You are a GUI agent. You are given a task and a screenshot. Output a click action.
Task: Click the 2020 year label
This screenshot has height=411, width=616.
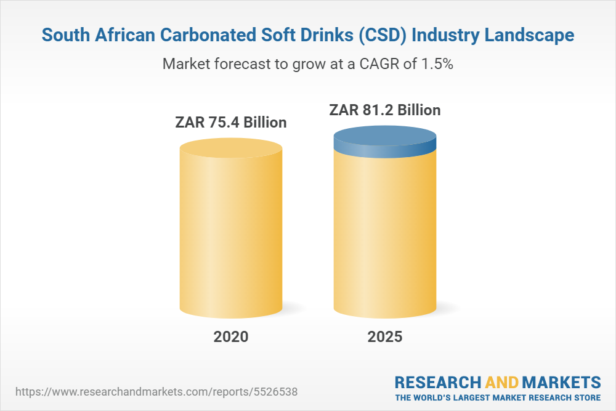point(231,337)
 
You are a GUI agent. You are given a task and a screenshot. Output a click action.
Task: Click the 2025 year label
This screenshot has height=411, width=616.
point(384,337)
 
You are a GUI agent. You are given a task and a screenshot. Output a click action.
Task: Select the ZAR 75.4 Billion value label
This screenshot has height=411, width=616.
point(231,122)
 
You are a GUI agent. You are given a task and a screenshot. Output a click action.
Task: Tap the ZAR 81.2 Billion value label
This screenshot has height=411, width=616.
point(385,110)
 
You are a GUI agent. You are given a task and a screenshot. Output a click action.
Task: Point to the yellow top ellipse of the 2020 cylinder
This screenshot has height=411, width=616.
point(231,149)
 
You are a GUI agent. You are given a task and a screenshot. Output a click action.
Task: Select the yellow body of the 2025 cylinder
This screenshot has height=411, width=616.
point(385,234)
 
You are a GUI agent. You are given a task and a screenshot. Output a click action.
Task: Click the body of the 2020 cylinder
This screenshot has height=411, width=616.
point(231,240)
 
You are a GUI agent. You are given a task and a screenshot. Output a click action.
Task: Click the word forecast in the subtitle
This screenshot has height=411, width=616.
point(237,63)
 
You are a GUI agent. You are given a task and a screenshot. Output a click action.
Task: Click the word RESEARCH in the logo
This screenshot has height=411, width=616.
point(437,381)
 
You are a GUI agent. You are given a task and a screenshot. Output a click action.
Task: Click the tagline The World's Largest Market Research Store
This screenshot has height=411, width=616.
point(498,397)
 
